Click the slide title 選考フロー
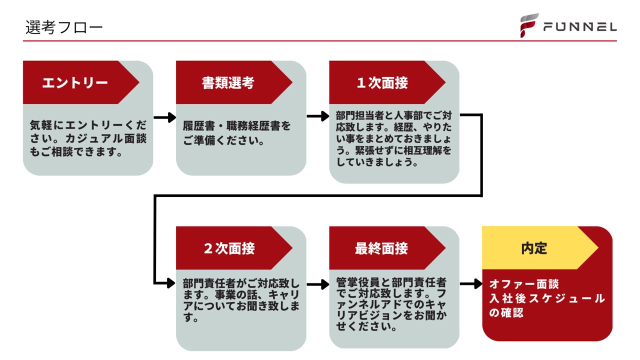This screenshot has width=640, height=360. pos(64,27)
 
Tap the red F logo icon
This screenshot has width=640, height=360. pos(528,25)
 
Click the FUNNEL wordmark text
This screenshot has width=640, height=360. pos(580,27)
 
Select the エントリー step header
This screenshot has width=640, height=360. pos(75,82)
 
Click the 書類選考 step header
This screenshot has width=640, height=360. pos(228,82)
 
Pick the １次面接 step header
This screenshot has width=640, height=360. pos(382,82)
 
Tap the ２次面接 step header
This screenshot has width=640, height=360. pos(229,248)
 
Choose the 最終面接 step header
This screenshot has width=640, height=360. pos(381,248)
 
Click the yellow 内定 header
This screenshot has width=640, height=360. pos(534,248)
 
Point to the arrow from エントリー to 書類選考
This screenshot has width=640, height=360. pos(164,118)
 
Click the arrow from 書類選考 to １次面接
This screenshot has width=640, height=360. pos(317,117)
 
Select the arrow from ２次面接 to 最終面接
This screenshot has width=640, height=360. pos(317,285)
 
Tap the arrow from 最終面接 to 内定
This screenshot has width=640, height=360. pos(470,284)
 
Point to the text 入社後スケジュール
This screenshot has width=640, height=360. pos(547,299)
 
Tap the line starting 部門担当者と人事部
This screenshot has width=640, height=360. pos(394,115)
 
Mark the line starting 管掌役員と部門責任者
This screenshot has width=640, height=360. pos(391,282)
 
